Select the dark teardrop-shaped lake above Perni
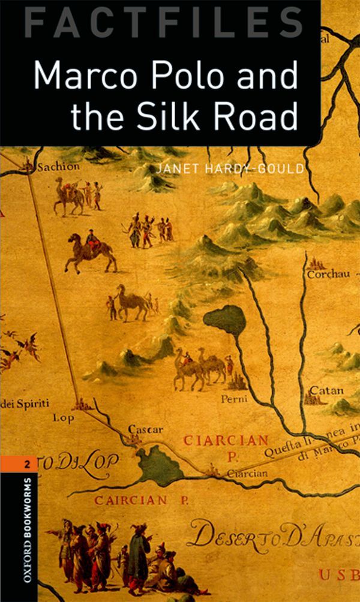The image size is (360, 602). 226,321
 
